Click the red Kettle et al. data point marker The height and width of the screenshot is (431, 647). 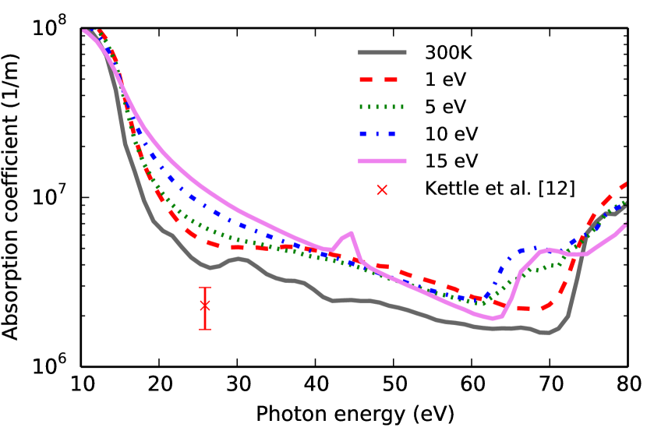point(205,306)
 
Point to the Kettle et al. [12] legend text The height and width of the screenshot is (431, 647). point(500,188)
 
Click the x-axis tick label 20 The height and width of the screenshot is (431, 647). point(160,384)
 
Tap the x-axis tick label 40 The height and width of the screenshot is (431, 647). point(316,384)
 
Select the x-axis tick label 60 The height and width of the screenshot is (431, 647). point(472,384)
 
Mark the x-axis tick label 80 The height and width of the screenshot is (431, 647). point(627,384)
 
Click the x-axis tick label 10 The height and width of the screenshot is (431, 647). point(82,384)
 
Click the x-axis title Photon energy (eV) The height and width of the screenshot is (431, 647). point(355,412)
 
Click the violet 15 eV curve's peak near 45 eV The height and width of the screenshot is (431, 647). point(352,233)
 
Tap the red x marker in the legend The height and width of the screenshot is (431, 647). point(383,187)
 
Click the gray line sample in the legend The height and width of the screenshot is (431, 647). point(383,55)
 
